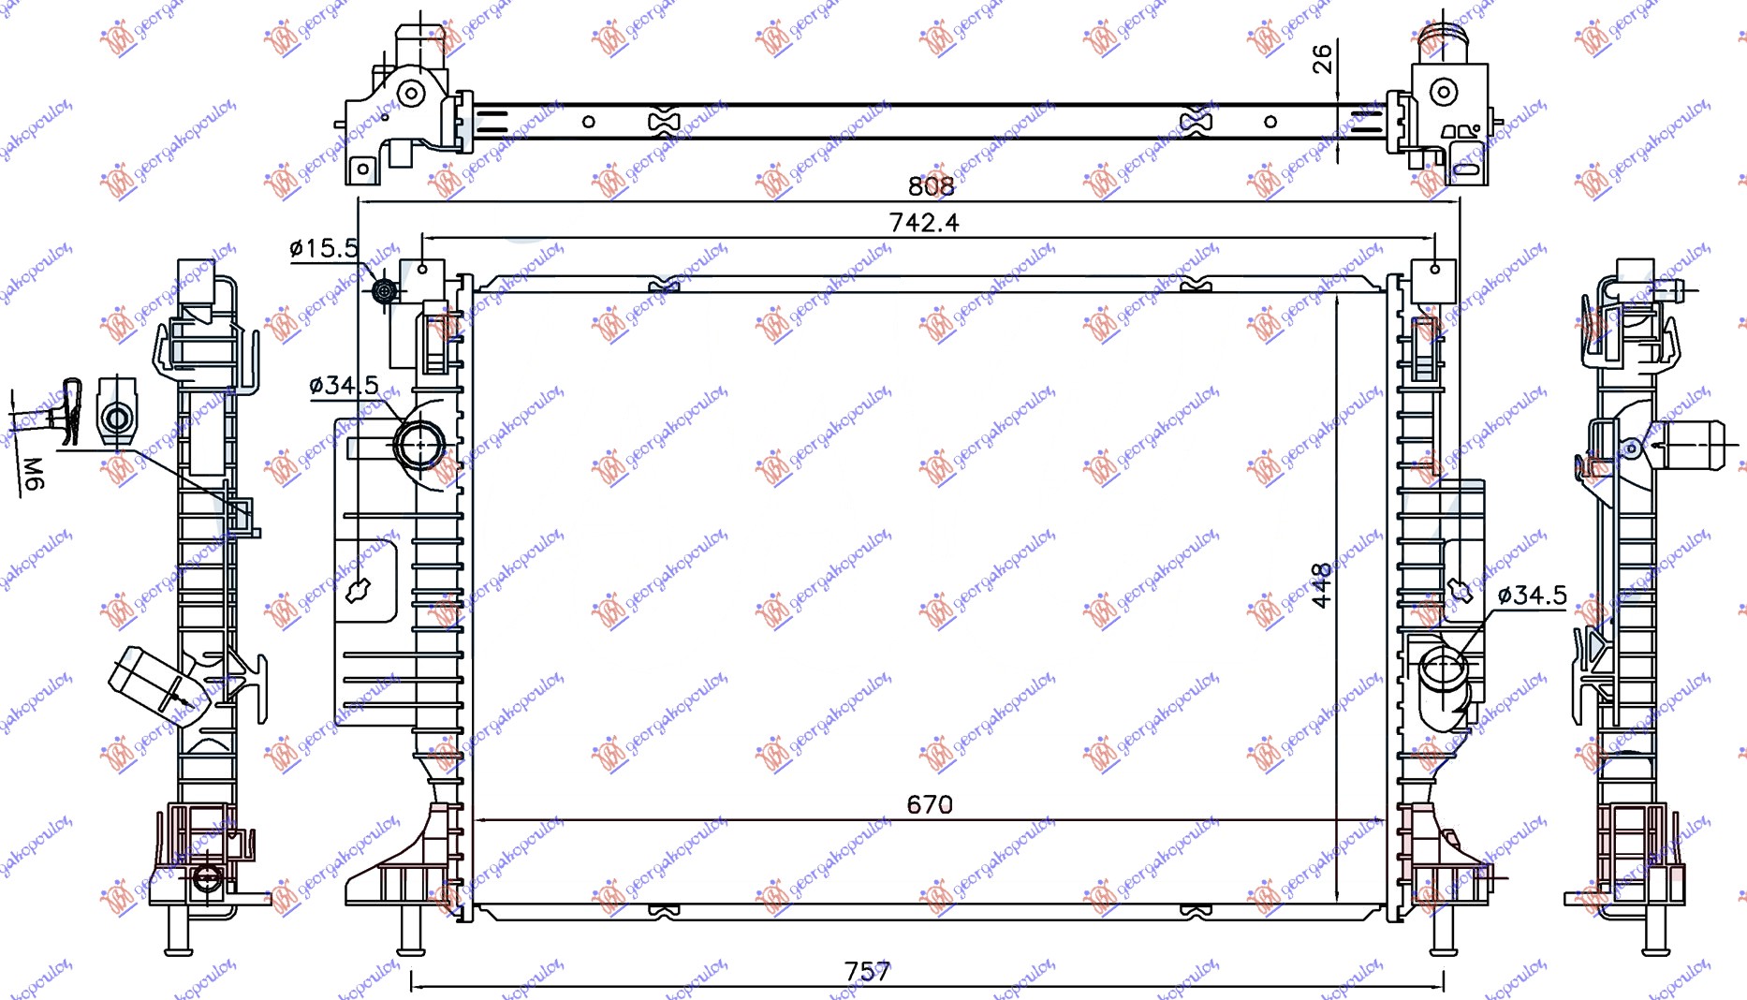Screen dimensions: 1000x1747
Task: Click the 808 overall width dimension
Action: (931, 186)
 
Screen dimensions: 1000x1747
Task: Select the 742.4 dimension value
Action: (923, 223)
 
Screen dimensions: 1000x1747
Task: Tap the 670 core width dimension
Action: (929, 804)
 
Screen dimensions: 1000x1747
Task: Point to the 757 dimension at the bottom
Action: (867, 971)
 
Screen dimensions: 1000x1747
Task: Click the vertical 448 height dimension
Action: (1321, 585)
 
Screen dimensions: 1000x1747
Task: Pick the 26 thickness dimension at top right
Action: (1322, 59)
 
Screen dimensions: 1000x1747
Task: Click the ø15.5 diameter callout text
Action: (324, 248)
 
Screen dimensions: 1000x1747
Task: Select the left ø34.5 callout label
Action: (344, 385)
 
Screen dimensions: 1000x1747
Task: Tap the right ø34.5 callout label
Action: (1532, 596)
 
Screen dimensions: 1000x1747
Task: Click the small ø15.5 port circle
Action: (384, 291)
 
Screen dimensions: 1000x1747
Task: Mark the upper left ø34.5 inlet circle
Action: (419, 446)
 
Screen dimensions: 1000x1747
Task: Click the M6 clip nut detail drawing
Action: (117, 413)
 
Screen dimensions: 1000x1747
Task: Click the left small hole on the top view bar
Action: (588, 122)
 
